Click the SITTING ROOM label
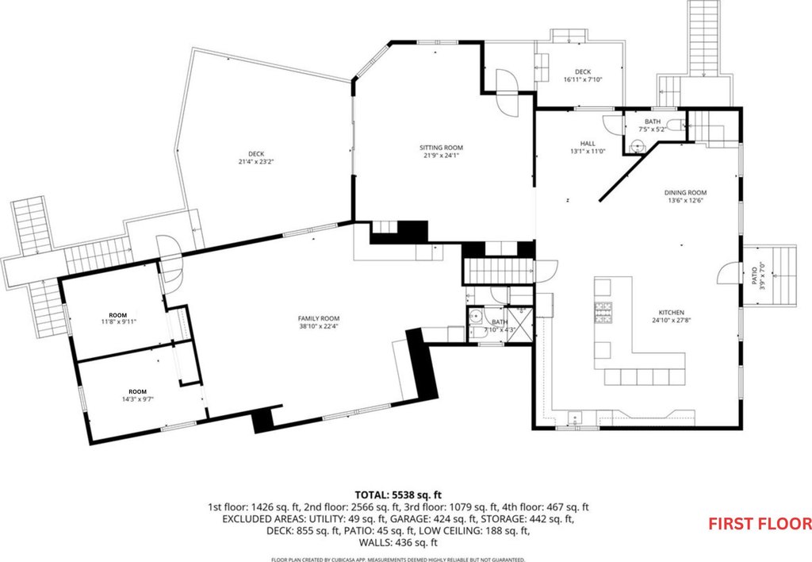[441, 148]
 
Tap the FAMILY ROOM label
[319, 318]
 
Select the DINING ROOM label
[685, 193]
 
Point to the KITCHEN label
[671, 313]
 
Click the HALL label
[588, 144]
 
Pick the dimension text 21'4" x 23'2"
[256, 162]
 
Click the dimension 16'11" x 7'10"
[583, 80]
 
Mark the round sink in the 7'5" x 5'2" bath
[636, 145]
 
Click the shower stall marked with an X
[519, 325]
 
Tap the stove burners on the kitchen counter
[603, 313]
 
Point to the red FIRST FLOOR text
[760, 524]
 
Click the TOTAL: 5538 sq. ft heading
[398, 495]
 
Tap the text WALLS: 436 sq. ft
[398, 543]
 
